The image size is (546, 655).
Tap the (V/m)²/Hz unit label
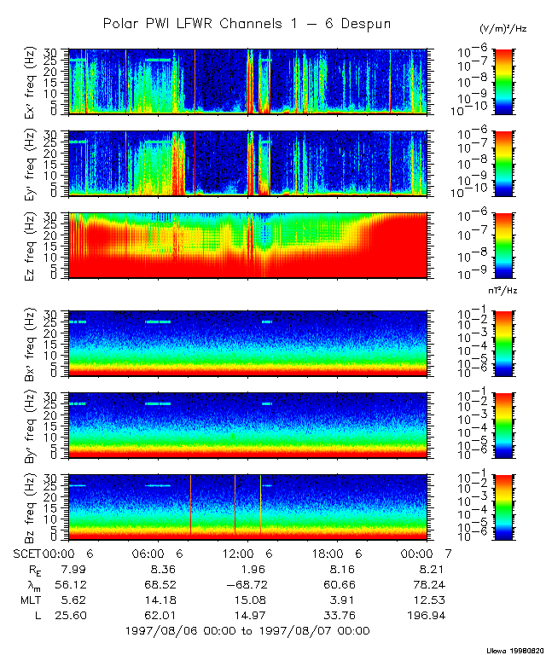[503, 29]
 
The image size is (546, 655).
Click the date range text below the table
[247, 631]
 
